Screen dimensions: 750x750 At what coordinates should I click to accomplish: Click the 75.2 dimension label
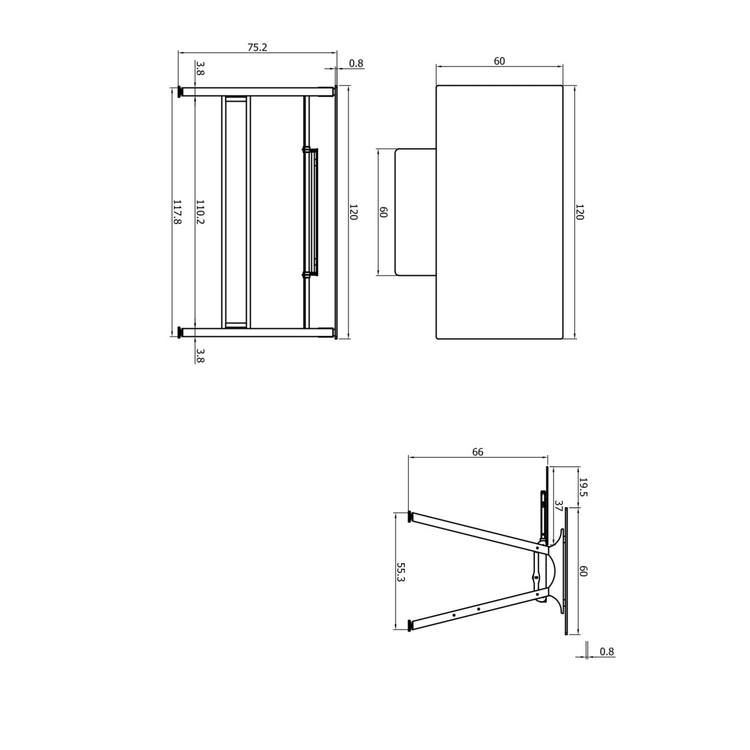click(257, 47)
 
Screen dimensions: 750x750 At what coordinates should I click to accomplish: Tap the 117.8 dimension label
click(177, 212)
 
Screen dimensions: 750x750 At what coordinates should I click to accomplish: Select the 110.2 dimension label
click(200, 212)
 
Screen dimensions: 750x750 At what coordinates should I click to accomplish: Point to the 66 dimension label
click(477, 452)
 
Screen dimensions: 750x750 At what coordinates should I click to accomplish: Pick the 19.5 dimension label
click(583, 487)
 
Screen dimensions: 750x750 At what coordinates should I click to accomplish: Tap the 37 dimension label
click(559, 506)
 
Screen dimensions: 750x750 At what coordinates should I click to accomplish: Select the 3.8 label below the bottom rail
click(200, 356)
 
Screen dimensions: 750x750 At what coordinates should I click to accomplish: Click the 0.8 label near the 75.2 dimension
click(356, 63)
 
